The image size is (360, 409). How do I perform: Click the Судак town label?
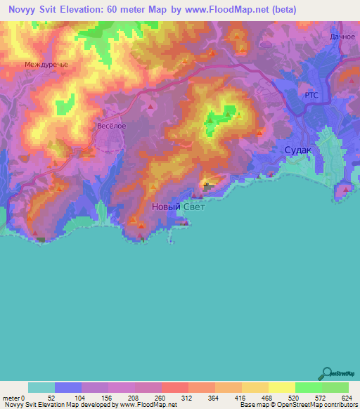click(300, 150)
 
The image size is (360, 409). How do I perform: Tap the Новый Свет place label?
click(179, 207)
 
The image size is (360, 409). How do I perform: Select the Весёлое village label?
click(111, 126)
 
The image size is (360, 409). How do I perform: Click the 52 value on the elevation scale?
click(51, 397)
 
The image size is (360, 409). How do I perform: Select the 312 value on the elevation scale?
click(185, 397)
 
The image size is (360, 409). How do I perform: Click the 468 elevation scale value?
click(265, 397)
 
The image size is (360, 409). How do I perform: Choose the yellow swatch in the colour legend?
click(281, 387)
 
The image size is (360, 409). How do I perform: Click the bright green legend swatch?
click(308, 387)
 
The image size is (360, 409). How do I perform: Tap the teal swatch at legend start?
click(41, 387)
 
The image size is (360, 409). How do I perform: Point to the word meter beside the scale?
click(10, 397)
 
